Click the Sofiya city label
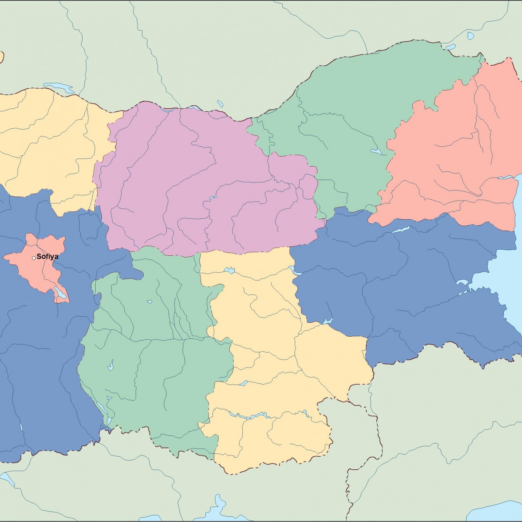tap(47, 257)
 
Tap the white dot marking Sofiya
tap(34, 258)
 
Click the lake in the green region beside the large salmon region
tap(376, 152)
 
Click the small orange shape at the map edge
tap(1, 57)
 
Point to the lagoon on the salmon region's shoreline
tap(507, 177)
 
